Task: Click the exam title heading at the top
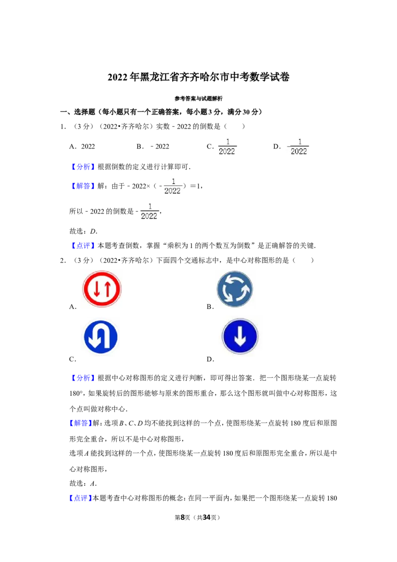pos(198,77)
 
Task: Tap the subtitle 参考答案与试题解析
pos(198,99)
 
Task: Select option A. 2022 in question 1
pos(82,146)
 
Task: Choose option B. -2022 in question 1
pos(153,146)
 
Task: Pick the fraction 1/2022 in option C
pos(227,147)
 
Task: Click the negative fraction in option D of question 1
pos(298,147)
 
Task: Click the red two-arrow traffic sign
pos(102,289)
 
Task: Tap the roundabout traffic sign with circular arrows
pos(235,289)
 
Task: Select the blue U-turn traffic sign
pos(101,337)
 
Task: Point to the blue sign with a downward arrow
pos(240,337)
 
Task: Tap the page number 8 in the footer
pos(183,517)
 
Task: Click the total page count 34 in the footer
pos(206,517)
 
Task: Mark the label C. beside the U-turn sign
pos(73,359)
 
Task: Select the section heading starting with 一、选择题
pos(161,112)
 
